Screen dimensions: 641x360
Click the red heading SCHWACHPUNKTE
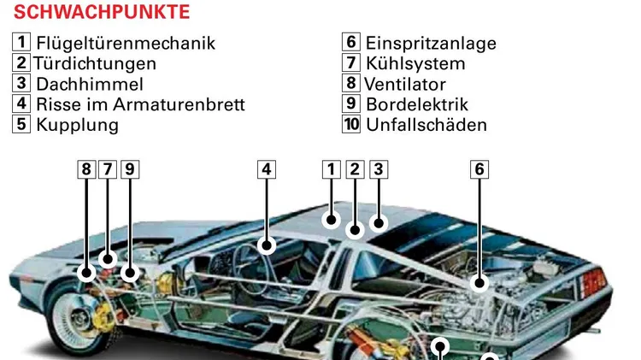tap(102, 12)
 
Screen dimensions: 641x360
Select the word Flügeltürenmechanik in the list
tap(126, 44)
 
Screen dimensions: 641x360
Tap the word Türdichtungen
tap(94, 64)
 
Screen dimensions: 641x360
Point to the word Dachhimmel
tap(90, 85)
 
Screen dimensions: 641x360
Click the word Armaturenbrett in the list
tap(179, 104)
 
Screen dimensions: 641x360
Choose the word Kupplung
tap(77, 125)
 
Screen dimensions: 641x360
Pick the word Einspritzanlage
tap(431, 44)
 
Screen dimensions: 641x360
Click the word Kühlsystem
tap(415, 64)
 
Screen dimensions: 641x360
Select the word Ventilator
tap(405, 85)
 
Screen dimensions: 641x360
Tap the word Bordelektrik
tap(417, 104)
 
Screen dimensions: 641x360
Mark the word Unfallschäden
tap(426, 125)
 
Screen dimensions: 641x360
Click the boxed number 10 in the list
tap(351, 124)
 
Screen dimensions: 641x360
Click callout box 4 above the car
tap(267, 169)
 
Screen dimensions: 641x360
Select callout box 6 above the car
tap(479, 169)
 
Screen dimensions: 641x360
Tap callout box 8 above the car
tap(86, 169)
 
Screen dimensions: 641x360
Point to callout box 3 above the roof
tap(379, 169)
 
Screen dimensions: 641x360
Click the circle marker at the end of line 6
tap(479, 283)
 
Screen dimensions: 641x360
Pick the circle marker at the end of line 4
tap(267, 245)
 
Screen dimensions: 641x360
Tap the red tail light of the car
tap(592, 283)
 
